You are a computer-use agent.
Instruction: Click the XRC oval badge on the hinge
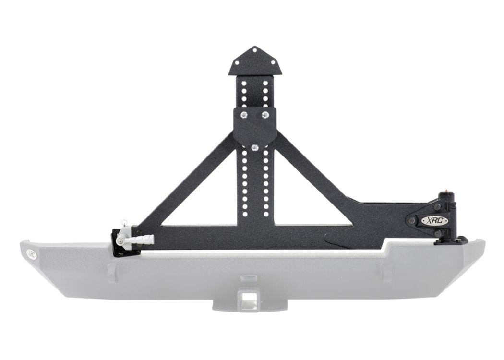tap(430, 220)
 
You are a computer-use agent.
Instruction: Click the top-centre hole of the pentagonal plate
tap(255, 50)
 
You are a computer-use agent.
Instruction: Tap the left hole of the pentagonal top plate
tap(238, 62)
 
